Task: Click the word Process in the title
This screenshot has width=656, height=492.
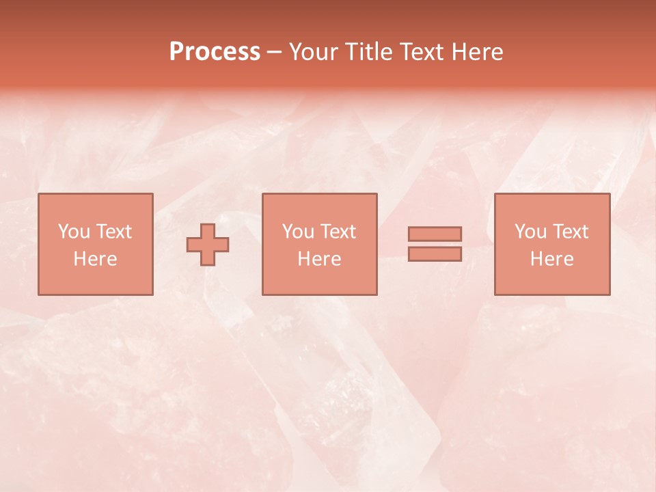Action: click(x=215, y=52)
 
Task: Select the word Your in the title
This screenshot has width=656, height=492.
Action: click(x=312, y=52)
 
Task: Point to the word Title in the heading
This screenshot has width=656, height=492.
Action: click(x=365, y=52)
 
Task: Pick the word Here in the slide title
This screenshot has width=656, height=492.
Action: click(x=478, y=52)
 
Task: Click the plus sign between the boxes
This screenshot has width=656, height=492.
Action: click(x=208, y=245)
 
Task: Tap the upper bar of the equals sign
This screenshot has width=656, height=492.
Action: click(x=435, y=234)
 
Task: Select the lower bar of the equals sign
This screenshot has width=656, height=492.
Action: click(x=435, y=254)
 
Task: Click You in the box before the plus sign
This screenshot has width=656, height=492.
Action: click(x=74, y=232)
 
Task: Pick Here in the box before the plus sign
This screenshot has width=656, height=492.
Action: click(x=95, y=259)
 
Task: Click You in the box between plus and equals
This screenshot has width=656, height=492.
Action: click(x=298, y=232)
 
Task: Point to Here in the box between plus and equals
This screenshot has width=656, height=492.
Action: click(x=319, y=259)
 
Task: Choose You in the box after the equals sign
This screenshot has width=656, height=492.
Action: click(x=530, y=232)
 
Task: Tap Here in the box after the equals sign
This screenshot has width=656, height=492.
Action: click(x=551, y=259)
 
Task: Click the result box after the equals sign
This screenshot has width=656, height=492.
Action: click(x=552, y=280)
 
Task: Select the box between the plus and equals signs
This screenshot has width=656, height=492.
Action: click(x=320, y=280)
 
